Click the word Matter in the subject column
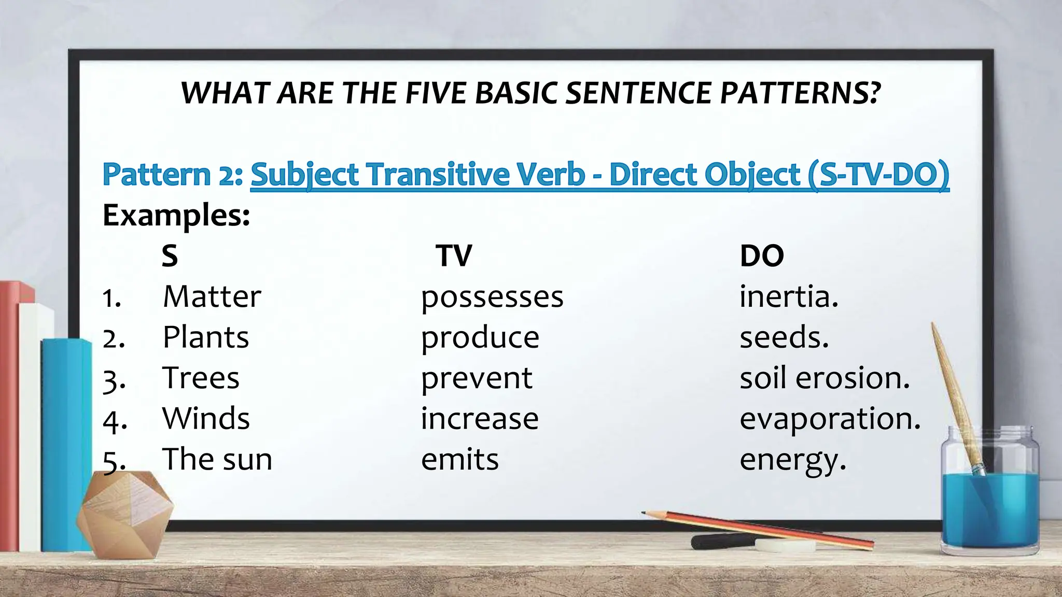(x=212, y=297)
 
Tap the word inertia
(x=788, y=297)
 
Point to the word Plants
(x=205, y=337)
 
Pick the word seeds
(x=784, y=337)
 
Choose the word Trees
(x=201, y=378)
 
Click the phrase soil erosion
(x=825, y=378)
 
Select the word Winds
(x=206, y=418)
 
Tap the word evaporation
(x=830, y=419)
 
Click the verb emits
(x=459, y=459)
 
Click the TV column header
(x=454, y=255)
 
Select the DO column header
(x=761, y=255)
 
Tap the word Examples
(x=176, y=216)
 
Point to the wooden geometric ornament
(x=124, y=513)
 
